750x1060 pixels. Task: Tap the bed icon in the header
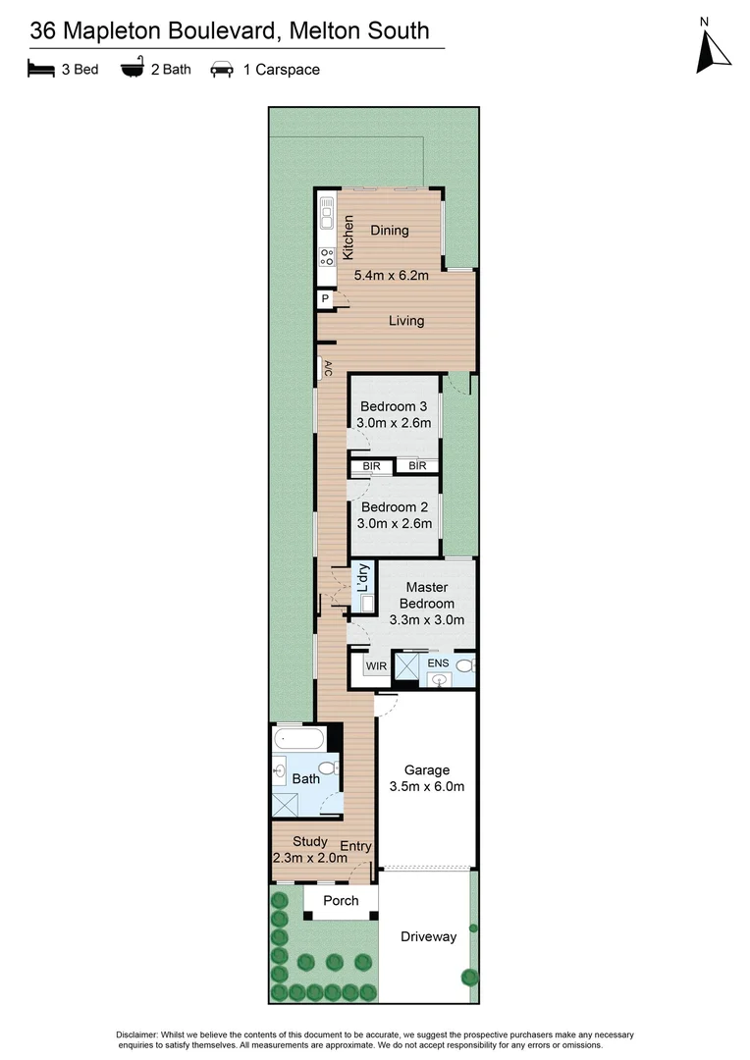pyautogui.click(x=40, y=69)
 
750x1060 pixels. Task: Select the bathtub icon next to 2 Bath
pyautogui.click(x=132, y=69)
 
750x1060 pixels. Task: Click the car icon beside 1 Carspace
pyautogui.click(x=222, y=70)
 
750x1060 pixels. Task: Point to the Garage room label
pyautogui.click(x=426, y=770)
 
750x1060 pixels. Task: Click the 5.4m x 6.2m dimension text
pyautogui.click(x=390, y=276)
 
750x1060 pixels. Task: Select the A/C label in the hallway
pyautogui.click(x=327, y=369)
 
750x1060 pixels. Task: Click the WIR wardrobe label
pyautogui.click(x=376, y=667)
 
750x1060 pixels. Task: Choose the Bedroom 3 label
pyautogui.click(x=394, y=406)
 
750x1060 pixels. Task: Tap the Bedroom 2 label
pyautogui.click(x=394, y=507)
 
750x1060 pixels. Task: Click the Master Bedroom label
pyautogui.click(x=426, y=595)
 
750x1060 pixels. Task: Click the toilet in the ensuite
pyautogui.click(x=465, y=666)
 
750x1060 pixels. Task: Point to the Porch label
pyautogui.click(x=341, y=900)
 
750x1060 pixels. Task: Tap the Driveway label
pyautogui.click(x=428, y=936)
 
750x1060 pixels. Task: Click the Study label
pyautogui.click(x=310, y=841)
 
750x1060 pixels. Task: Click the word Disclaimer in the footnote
pyautogui.click(x=144, y=1035)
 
